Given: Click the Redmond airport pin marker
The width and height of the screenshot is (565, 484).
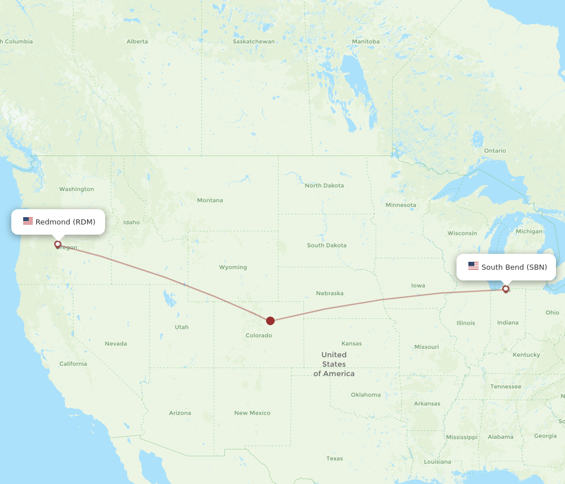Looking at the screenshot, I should click(58, 244).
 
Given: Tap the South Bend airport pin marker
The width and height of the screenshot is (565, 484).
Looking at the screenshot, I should click(506, 289).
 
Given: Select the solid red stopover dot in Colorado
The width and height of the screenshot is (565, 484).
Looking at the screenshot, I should click(270, 321).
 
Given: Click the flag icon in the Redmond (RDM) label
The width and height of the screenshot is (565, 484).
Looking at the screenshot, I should click(28, 221).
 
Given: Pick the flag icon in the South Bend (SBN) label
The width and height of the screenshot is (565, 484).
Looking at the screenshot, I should click(473, 266).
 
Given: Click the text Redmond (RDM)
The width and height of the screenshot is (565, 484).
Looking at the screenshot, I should click(65, 222).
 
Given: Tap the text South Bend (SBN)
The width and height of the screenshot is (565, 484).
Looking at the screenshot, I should click(514, 267).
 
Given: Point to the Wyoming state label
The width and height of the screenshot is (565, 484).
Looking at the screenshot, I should click(233, 267).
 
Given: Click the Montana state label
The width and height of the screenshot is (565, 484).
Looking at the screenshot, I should click(210, 200).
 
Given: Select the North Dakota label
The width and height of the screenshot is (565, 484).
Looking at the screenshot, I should click(324, 185).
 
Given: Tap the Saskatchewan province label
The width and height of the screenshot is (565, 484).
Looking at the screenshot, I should click(254, 41).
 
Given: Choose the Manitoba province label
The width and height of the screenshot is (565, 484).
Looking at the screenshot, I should click(366, 41).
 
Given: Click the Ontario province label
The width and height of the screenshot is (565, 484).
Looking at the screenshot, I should click(494, 150).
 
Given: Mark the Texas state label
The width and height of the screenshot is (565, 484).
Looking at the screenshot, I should click(334, 458).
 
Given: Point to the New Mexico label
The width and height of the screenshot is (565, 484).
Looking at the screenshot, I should click(252, 413).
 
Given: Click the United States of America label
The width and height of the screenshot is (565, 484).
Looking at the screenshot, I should click(334, 364).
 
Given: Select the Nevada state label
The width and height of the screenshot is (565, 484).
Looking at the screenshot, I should click(116, 343).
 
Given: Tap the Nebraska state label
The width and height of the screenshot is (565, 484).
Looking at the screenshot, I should click(329, 293).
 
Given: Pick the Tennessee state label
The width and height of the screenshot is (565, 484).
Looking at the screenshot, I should click(506, 386).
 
